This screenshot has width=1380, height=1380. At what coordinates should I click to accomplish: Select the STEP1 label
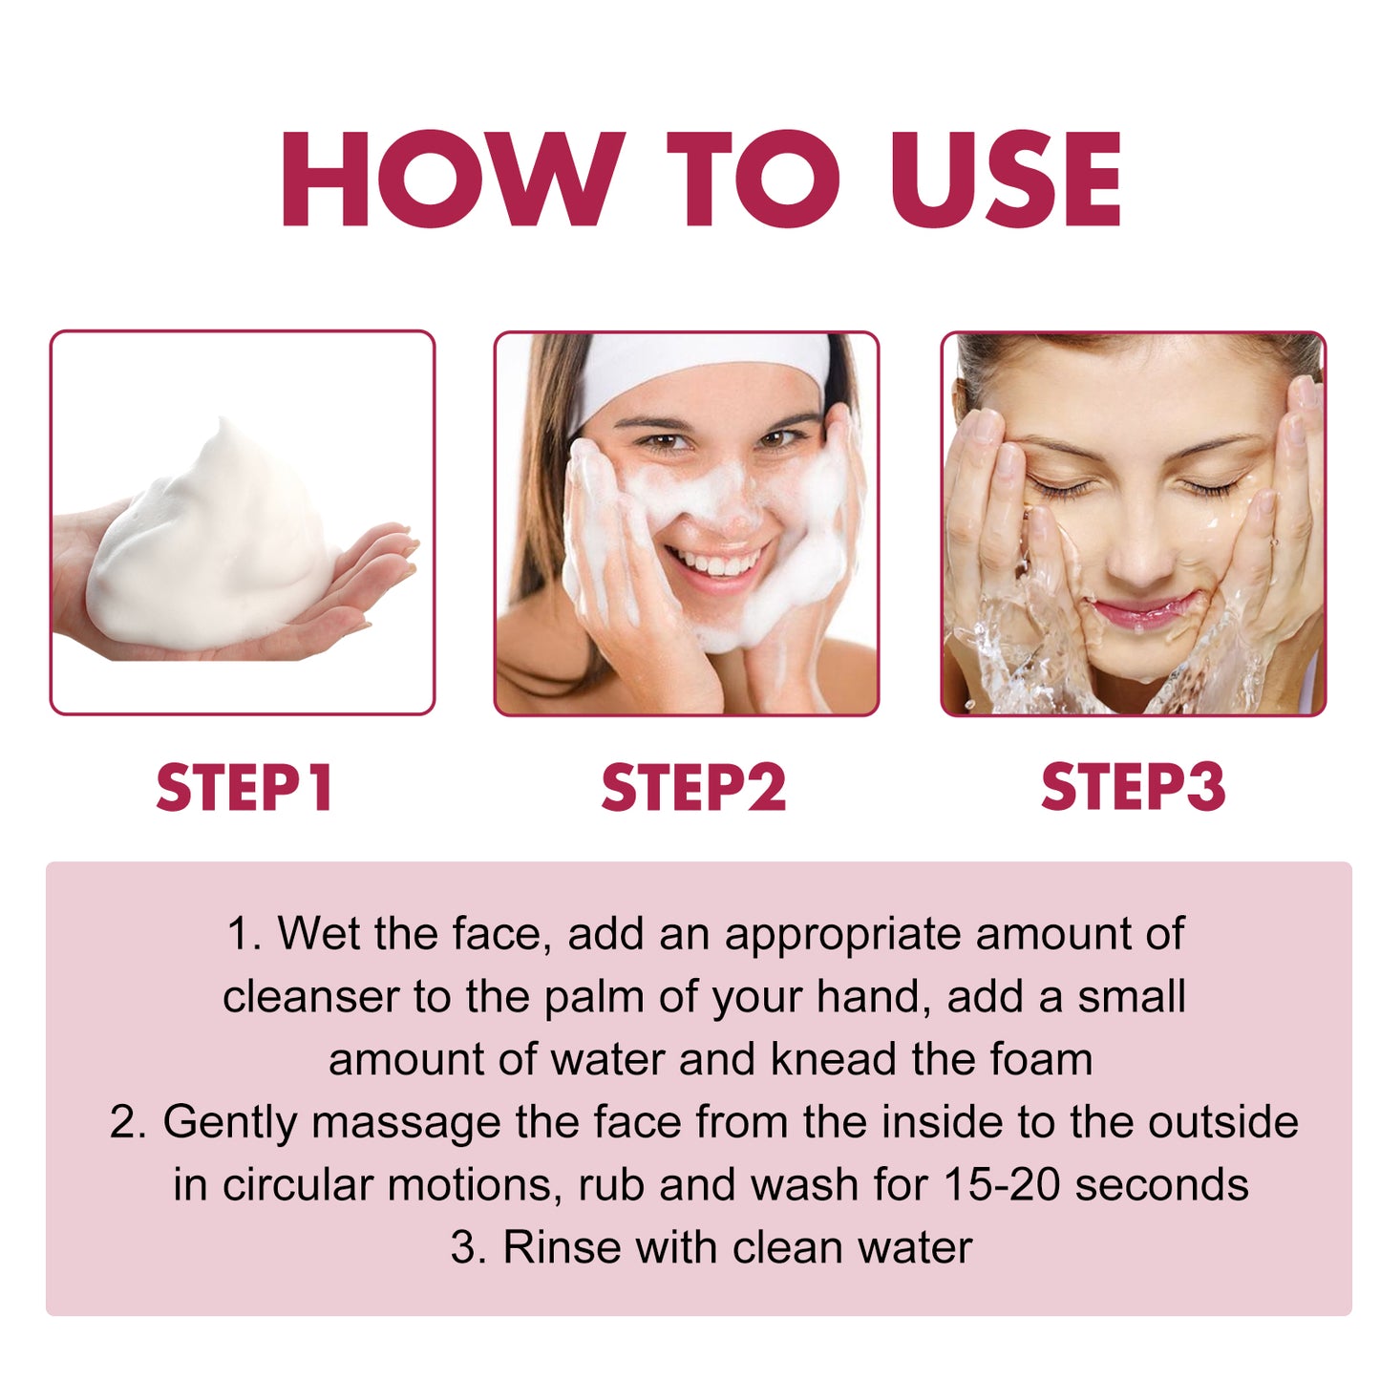(244, 788)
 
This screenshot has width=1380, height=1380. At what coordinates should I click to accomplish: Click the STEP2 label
(693, 788)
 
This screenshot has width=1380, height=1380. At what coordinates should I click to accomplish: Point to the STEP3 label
(1133, 788)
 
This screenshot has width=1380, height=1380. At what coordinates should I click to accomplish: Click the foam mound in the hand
(215, 544)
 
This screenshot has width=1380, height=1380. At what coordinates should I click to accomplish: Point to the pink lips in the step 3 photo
(1143, 609)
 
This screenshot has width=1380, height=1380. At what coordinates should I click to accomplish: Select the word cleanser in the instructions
(310, 997)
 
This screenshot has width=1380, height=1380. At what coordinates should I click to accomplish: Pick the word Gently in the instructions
(230, 1123)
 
